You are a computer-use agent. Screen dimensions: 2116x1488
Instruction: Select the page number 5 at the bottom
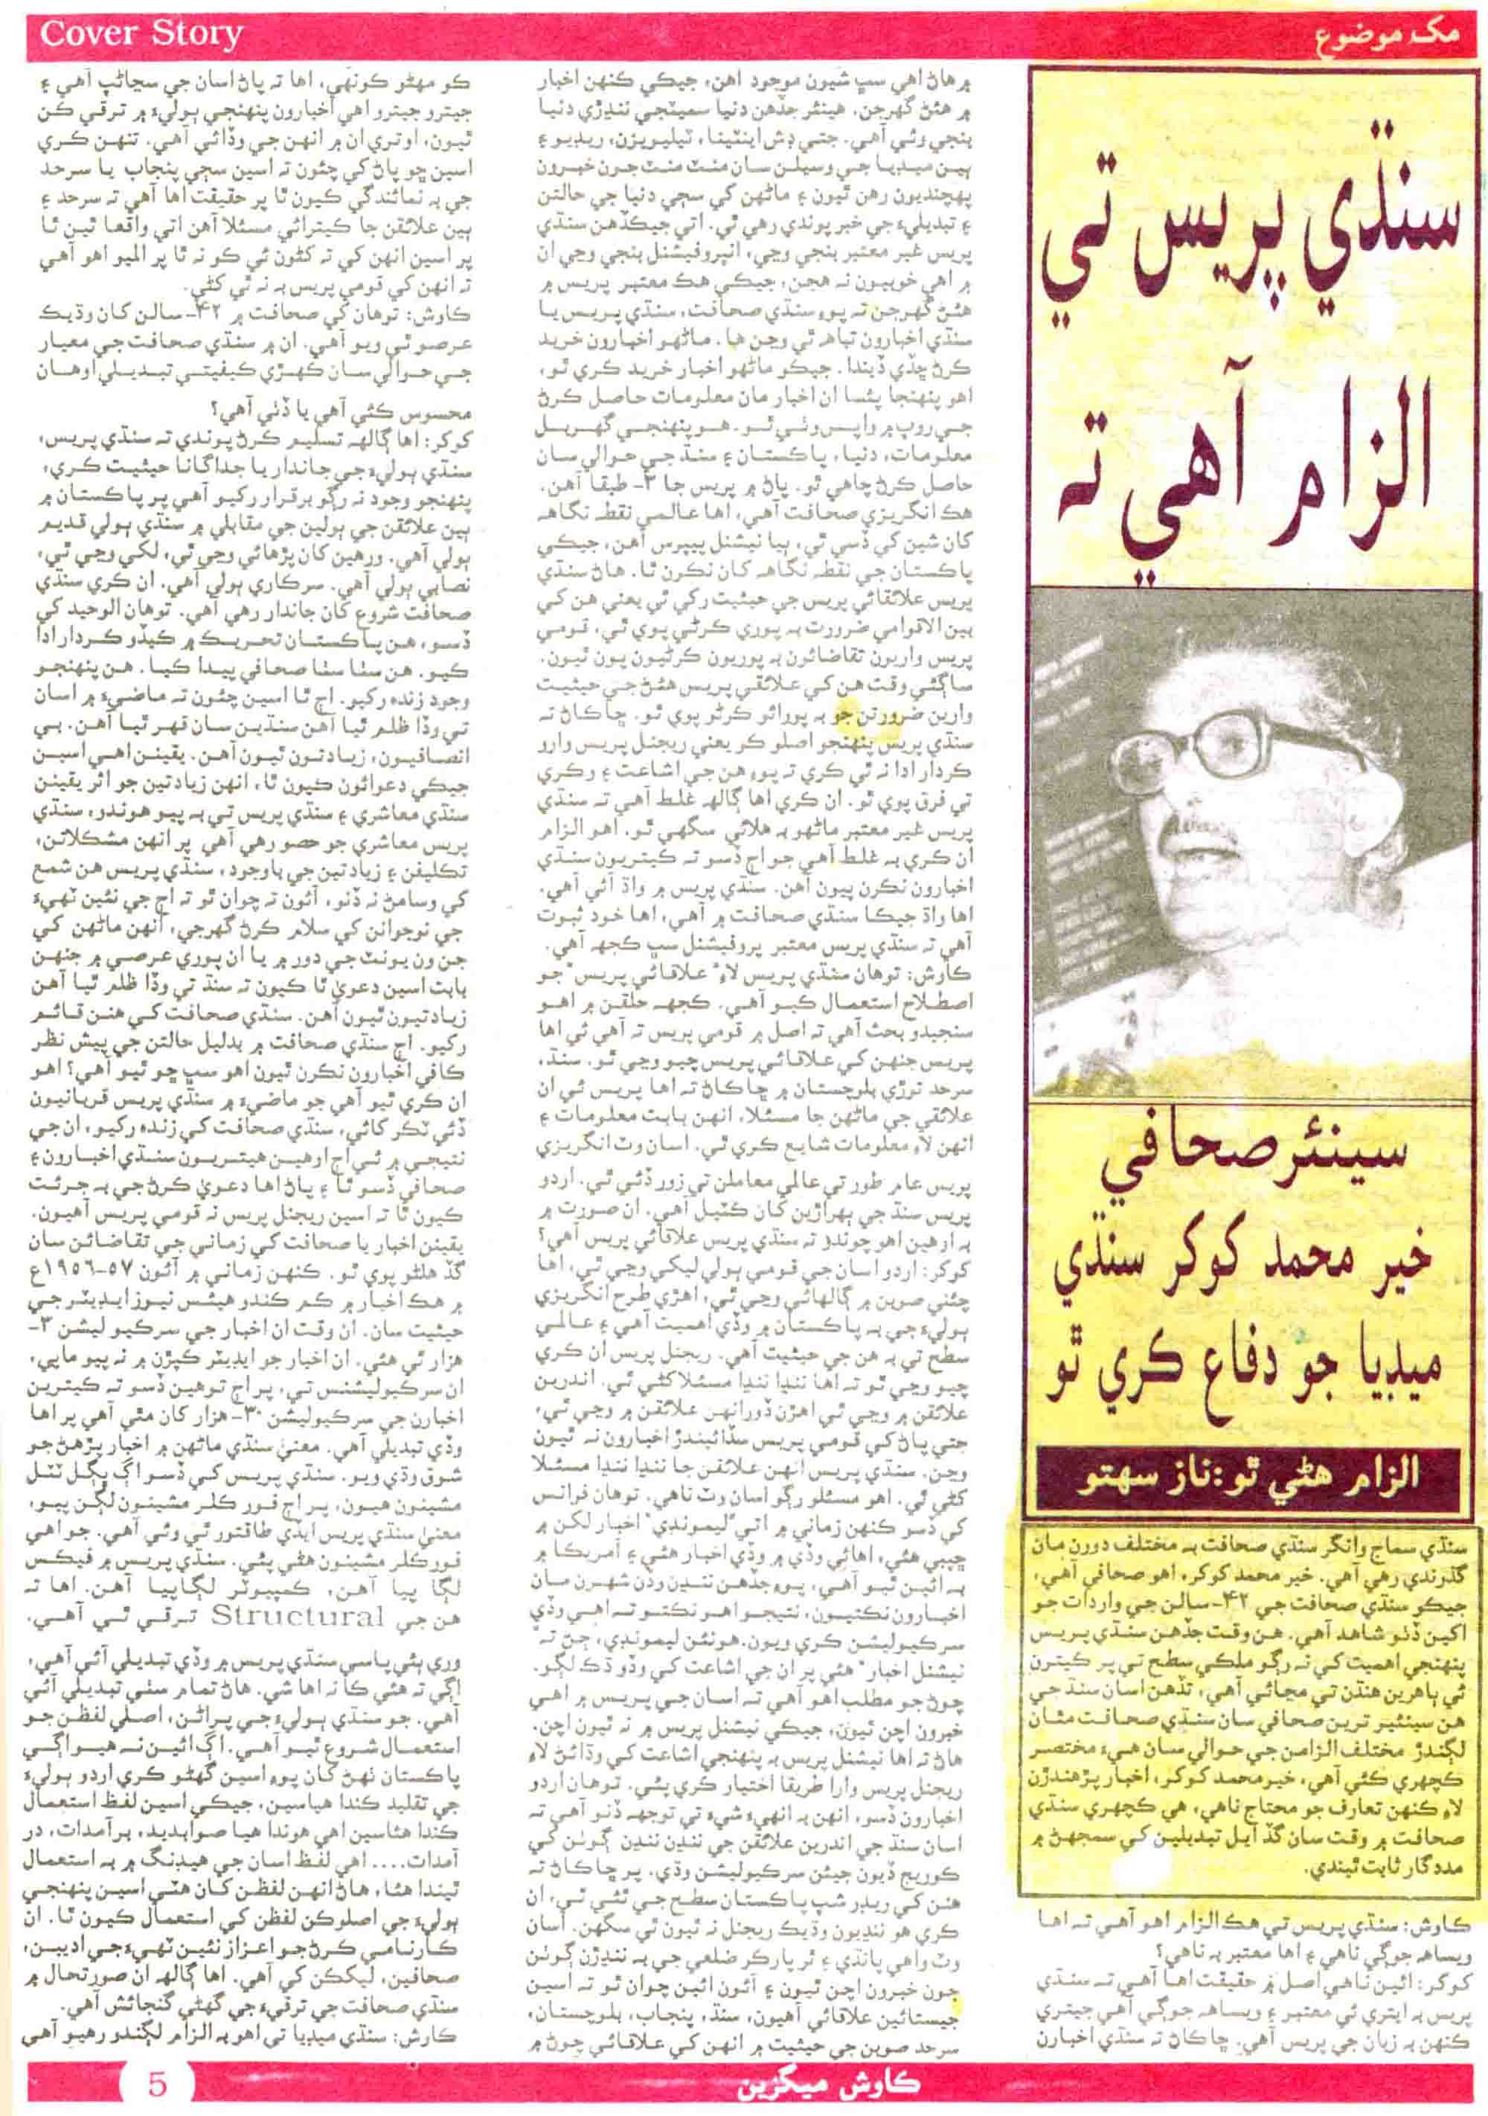coord(157,2077)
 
